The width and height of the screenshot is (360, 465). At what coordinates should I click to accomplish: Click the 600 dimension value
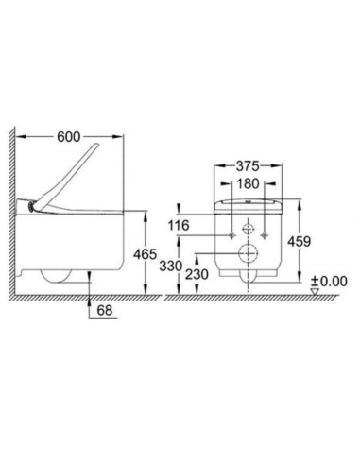point(69,137)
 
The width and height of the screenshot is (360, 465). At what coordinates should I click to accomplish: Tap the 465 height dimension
point(145,254)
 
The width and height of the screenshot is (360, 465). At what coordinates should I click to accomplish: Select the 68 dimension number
point(105,310)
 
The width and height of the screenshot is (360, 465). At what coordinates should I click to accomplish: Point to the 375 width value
point(248,166)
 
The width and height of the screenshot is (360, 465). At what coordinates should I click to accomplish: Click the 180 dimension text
point(248,183)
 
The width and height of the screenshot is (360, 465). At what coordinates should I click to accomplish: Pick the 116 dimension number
point(179,226)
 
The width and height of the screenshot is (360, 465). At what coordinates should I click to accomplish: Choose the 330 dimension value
point(171,267)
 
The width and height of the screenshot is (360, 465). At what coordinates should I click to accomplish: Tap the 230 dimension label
point(197,274)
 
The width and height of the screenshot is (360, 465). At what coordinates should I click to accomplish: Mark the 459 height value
point(299,242)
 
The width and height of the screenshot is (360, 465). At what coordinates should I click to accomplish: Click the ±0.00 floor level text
point(329,281)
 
